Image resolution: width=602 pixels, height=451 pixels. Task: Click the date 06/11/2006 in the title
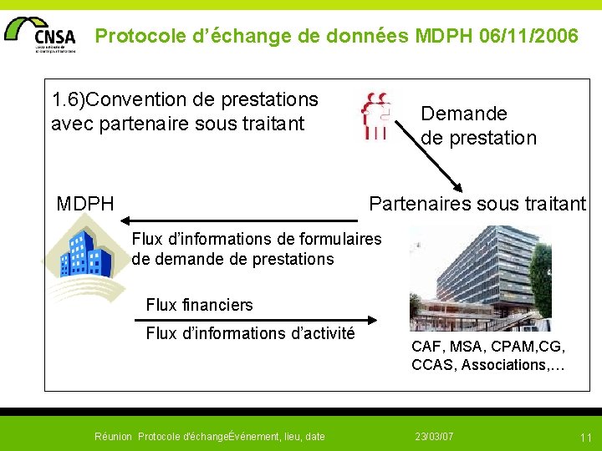coord(528,36)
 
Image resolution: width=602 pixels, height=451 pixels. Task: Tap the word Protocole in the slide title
coord(135,36)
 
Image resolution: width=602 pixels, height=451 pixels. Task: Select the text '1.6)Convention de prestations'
coord(185,100)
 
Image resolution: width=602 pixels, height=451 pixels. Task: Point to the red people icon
coord(376,115)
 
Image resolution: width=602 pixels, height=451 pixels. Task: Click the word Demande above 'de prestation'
coord(464,114)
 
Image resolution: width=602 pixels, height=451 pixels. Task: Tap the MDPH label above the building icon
coord(85,203)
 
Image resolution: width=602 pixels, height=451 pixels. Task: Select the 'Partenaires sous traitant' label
coord(477,203)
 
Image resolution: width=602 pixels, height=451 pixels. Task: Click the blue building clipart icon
coord(81,253)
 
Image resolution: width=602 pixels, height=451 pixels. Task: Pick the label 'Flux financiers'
coord(199,305)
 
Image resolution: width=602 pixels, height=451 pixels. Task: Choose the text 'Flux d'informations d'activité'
coord(250,333)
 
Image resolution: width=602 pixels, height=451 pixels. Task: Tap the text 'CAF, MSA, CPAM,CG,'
coord(488,346)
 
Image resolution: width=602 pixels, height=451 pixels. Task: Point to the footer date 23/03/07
coord(434,436)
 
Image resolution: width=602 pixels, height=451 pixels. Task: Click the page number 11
coord(585,437)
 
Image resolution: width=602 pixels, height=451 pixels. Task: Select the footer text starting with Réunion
coord(209,436)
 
